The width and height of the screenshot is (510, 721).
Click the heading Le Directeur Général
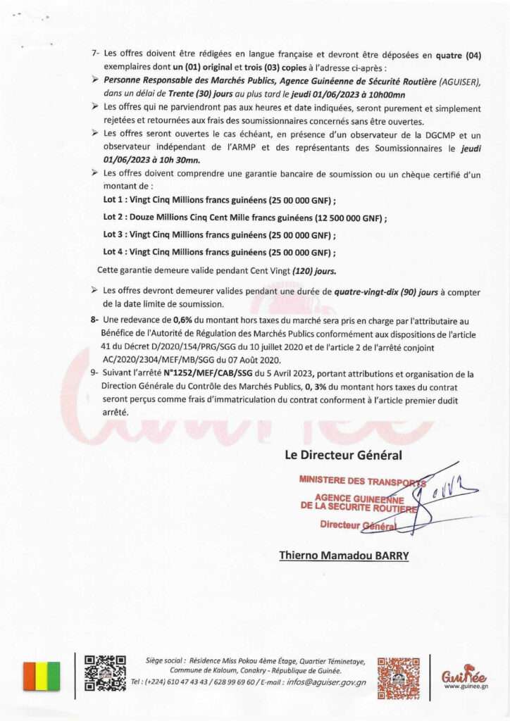click(x=343, y=455)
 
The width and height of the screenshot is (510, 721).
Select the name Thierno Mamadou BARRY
click(x=344, y=556)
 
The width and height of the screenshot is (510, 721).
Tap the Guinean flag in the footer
click(x=42, y=676)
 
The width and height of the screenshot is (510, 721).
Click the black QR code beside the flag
click(x=105, y=672)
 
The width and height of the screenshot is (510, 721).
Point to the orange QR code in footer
click(x=398, y=678)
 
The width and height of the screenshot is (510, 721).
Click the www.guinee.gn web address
click(x=466, y=686)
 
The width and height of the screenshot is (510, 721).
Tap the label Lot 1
click(x=113, y=201)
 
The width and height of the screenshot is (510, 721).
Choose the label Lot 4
click(x=113, y=252)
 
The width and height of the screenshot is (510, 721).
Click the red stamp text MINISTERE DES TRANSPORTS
click(x=362, y=482)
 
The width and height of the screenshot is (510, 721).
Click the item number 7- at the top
click(x=96, y=53)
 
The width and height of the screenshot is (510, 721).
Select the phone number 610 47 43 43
click(x=185, y=682)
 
